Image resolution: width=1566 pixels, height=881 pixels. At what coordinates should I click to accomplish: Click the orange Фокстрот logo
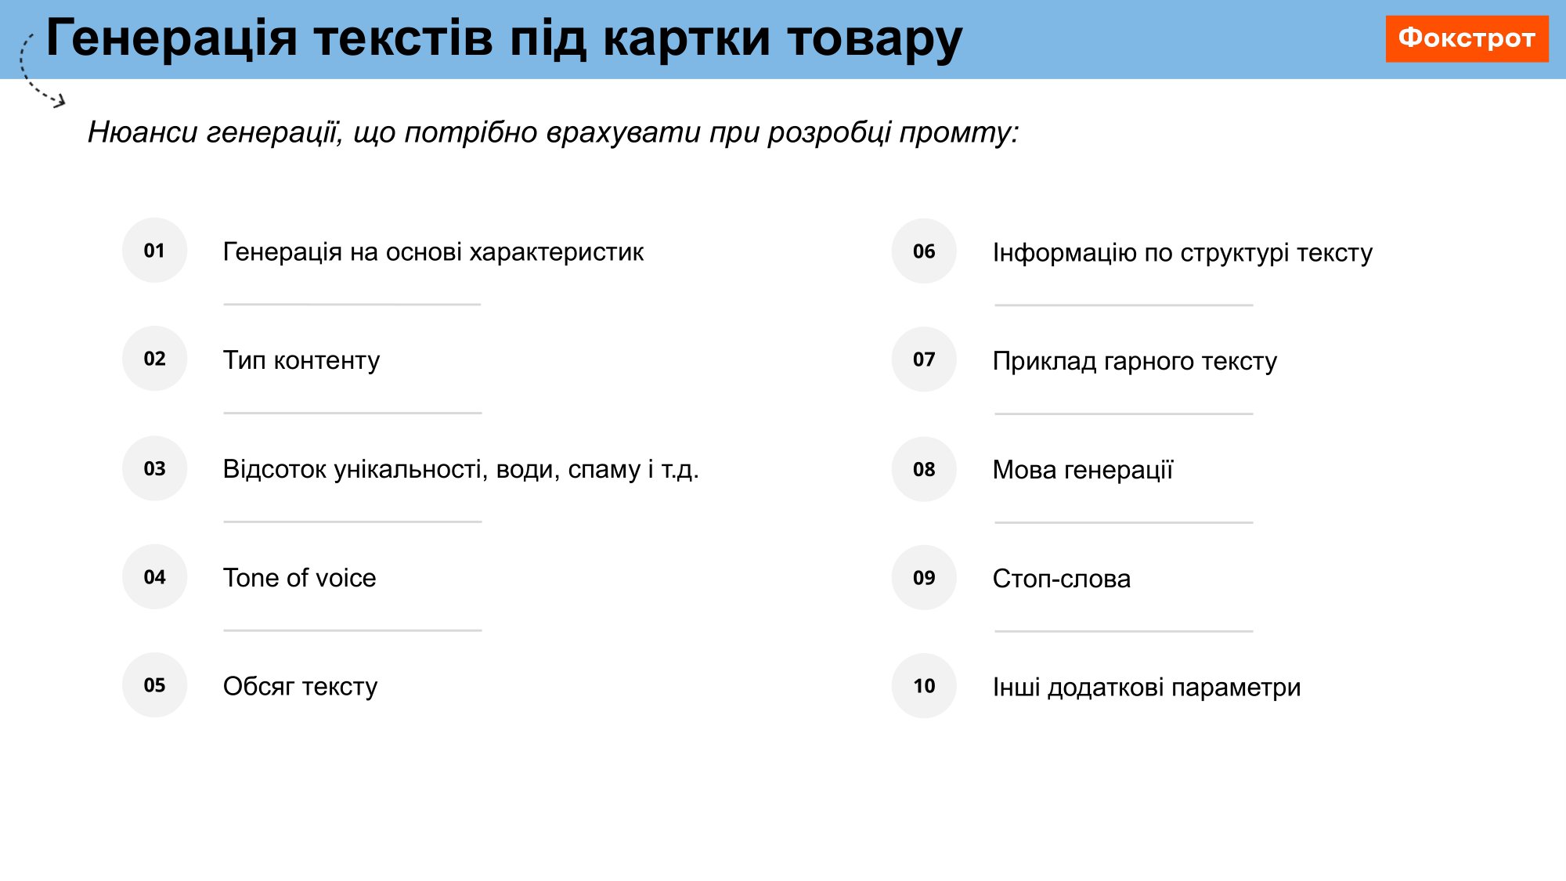(1467, 38)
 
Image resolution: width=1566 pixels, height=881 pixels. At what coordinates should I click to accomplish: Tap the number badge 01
(154, 251)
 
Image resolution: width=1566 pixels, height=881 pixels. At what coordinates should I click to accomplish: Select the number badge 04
(154, 577)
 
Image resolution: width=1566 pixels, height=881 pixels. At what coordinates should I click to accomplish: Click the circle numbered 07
(924, 359)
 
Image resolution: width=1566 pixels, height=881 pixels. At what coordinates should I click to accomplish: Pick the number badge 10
(924, 686)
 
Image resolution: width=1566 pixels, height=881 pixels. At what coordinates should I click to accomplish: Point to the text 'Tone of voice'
(300, 578)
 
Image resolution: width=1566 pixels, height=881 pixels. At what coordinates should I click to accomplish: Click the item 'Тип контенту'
(301, 360)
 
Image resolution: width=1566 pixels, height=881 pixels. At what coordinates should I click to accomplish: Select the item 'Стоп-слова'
(1062, 579)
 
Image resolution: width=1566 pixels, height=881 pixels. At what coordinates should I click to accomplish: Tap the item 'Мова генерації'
(1083, 470)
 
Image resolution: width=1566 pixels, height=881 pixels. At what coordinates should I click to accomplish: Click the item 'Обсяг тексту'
(301, 686)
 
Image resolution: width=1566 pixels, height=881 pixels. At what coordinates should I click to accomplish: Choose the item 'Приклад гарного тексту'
(1135, 361)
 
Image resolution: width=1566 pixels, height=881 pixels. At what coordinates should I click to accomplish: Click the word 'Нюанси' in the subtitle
(143, 132)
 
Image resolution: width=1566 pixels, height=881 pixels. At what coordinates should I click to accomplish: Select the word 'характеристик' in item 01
(557, 252)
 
